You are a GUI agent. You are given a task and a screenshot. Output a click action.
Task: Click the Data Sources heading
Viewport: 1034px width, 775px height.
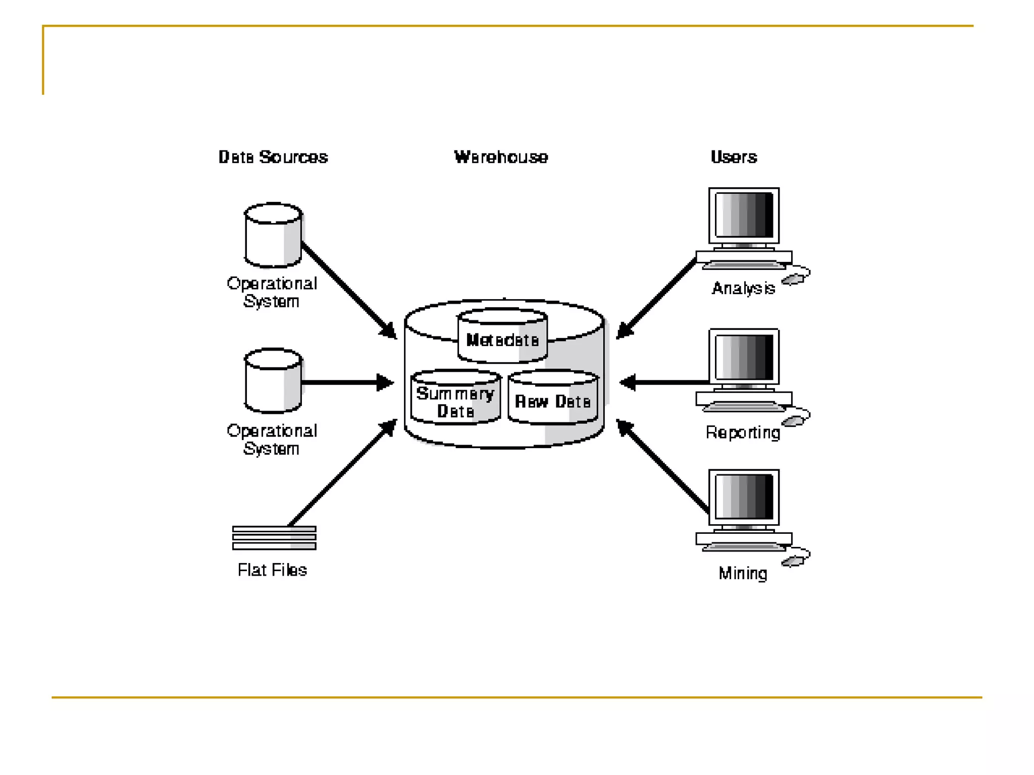point(273,157)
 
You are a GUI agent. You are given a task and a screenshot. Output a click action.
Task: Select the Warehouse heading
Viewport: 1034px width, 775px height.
point(501,157)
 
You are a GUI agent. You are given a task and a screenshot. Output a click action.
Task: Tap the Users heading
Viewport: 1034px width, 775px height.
point(734,157)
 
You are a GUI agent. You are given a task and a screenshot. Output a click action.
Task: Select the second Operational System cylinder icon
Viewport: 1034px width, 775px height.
point(273,381)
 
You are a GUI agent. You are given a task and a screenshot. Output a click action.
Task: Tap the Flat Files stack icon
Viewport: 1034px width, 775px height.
point(274,538)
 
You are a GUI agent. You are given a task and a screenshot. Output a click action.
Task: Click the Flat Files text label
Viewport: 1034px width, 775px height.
point(272,570)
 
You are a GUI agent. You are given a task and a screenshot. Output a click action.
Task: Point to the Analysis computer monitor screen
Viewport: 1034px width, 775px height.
point(744,215)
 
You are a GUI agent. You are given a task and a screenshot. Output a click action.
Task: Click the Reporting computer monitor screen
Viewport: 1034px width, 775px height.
point(744,357)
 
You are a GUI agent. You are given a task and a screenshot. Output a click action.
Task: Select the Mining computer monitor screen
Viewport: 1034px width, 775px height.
point(744,497)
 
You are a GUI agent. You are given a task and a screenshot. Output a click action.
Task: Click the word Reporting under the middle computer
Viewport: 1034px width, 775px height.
point(743,432)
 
